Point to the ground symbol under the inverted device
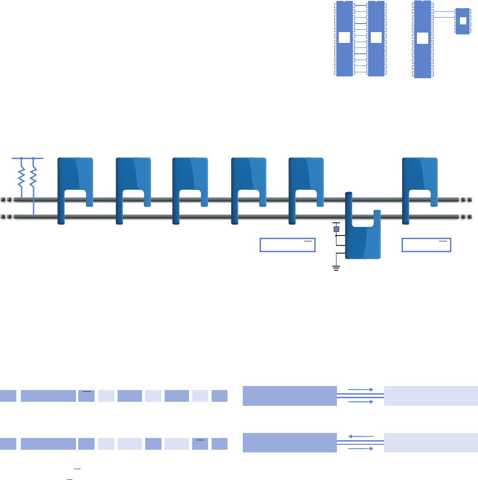(336, 268)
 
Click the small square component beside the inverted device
(336, 229)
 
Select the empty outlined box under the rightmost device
(426, 245)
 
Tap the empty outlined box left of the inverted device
(287, 245)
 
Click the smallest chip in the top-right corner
(462, 21)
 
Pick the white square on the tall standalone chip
(422, 38)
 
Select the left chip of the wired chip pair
(345, 38)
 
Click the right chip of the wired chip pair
(376, 38)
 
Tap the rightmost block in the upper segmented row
(219, 396)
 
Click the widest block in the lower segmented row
(48, 444)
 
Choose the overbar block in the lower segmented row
(200, 444)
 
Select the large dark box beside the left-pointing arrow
(289, 442)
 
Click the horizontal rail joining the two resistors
(27, 158)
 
